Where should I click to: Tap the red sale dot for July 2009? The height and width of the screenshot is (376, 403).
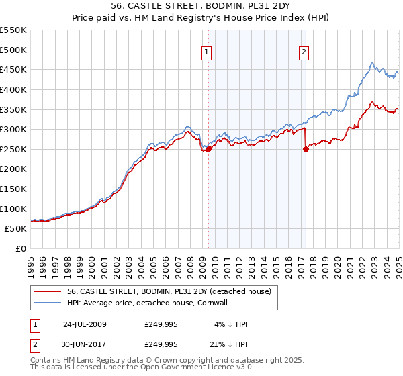coord(208,149)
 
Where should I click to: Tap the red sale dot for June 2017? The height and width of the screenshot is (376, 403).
coord(306,149)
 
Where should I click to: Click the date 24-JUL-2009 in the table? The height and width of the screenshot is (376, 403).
coord(85,324)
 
